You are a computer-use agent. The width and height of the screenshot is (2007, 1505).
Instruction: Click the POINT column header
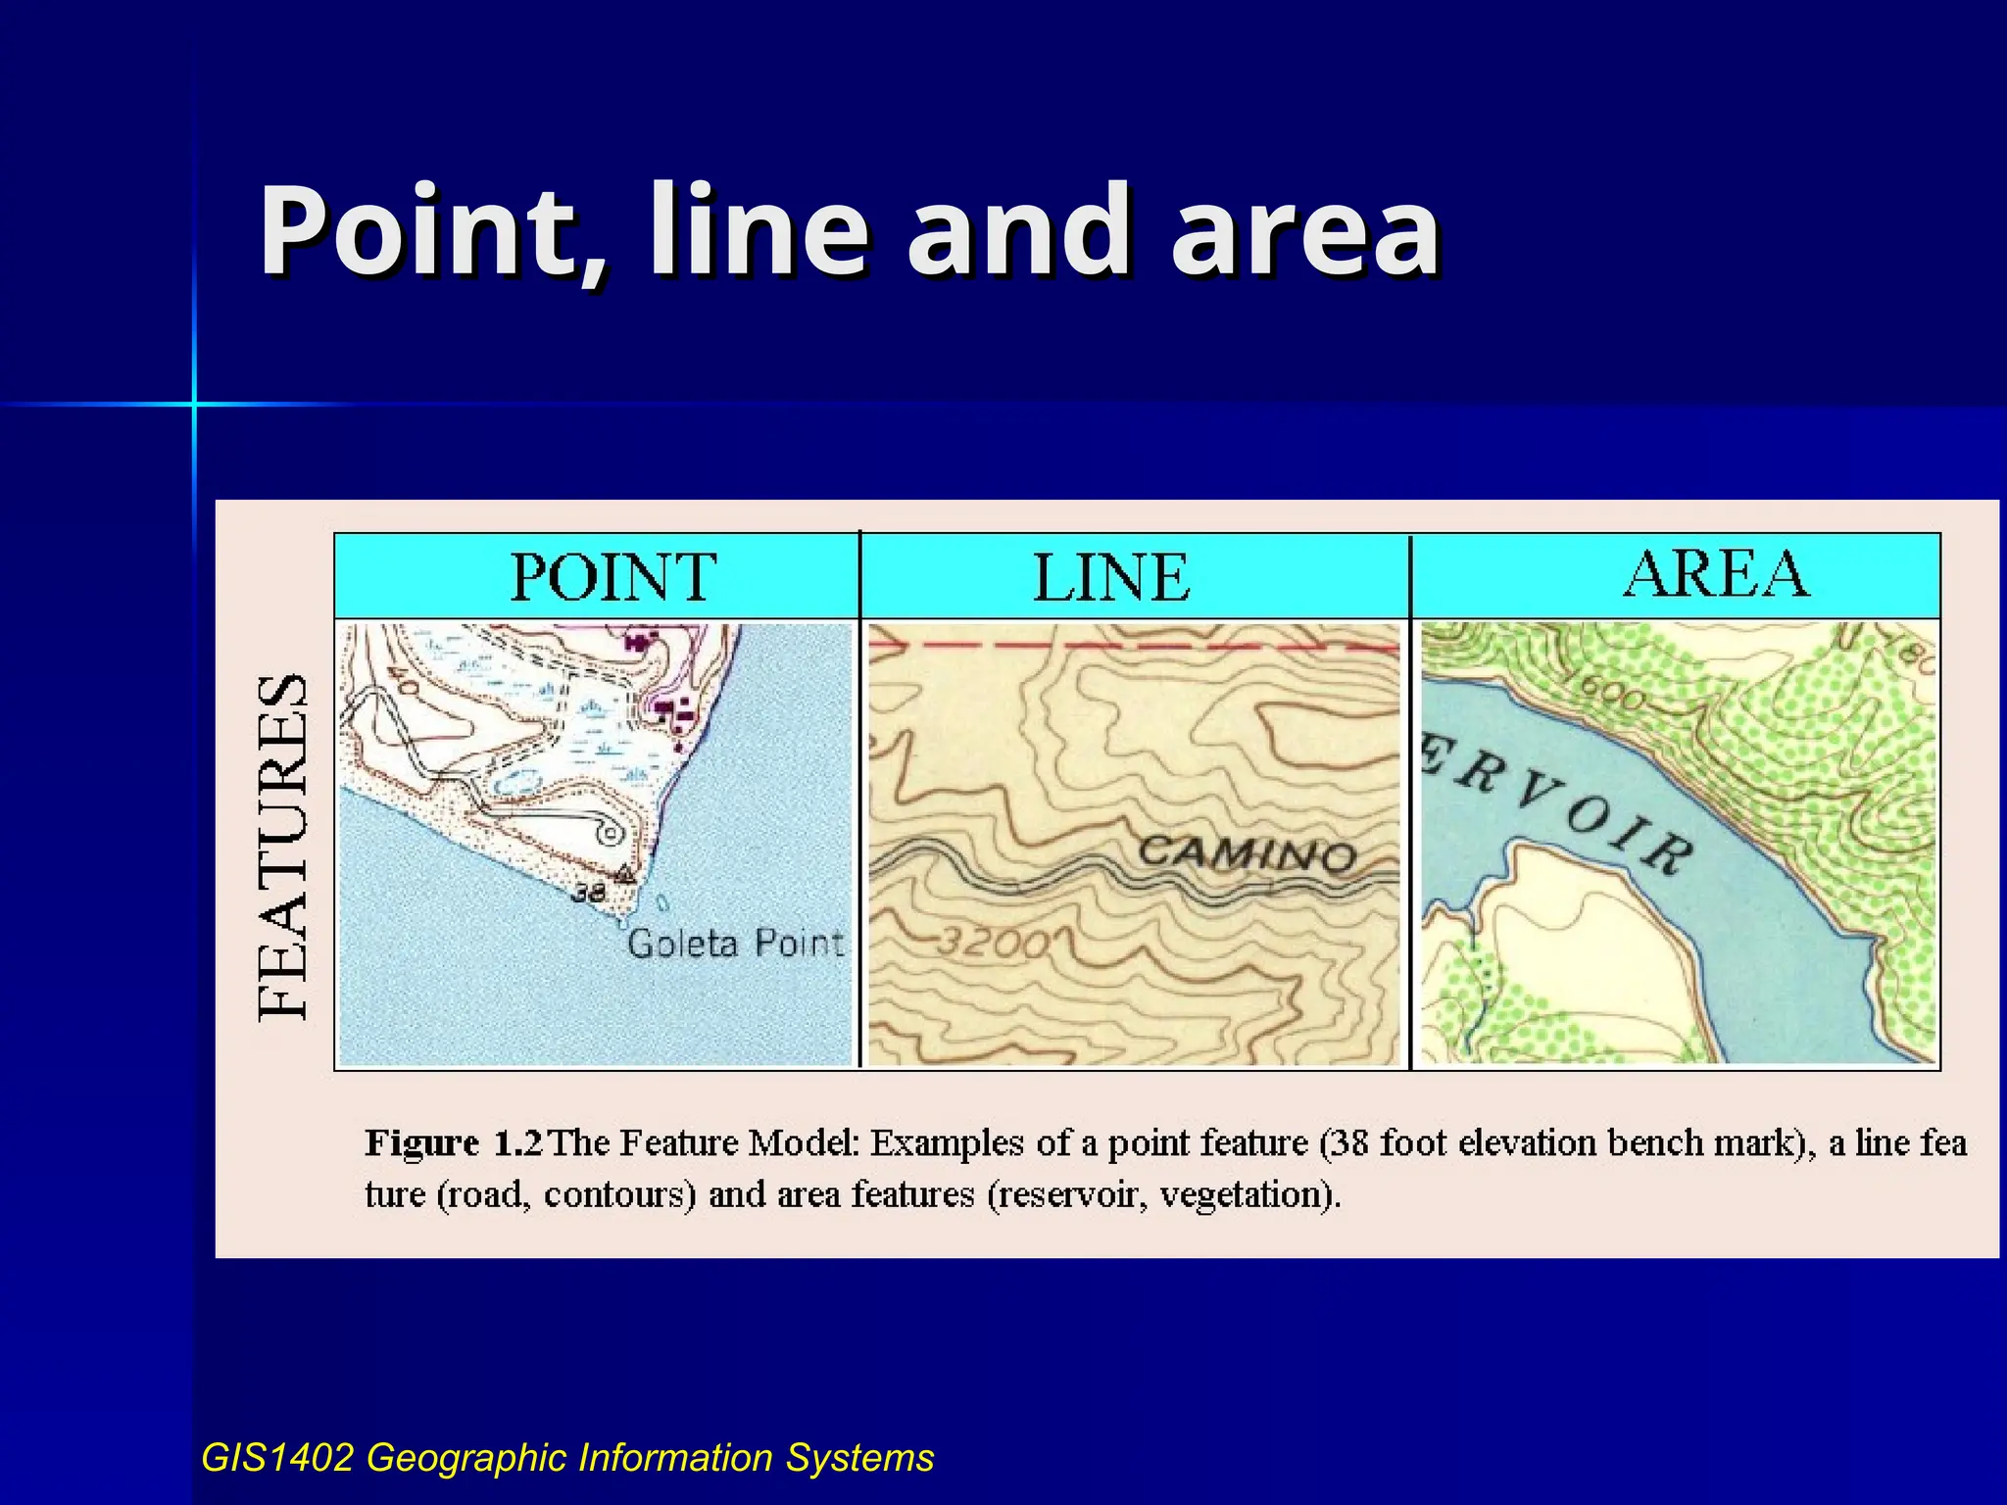[613, 577]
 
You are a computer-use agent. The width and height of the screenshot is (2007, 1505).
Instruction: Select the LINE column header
[1111, 577]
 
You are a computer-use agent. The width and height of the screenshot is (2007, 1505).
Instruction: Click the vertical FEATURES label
[284, 848]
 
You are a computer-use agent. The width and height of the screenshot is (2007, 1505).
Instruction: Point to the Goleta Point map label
[735, 944]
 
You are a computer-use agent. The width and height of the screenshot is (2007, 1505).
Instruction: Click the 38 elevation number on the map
[588, 893]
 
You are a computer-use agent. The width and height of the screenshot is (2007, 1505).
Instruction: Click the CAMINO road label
[1247, 854]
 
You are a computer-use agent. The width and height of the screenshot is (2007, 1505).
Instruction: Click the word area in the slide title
[1305, 232]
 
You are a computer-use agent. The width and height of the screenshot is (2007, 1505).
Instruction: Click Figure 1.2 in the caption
[453, 1143]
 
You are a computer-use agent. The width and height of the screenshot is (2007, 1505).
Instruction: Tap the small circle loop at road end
[611, 834]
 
